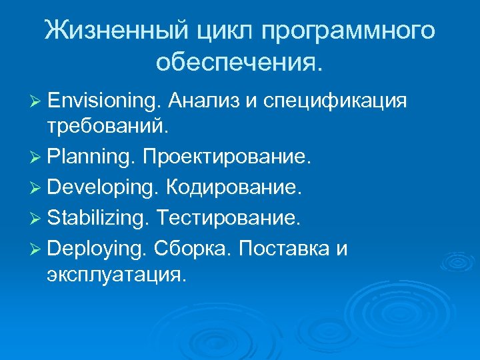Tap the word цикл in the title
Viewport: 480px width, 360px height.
tap(231, 31)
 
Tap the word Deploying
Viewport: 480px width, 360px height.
tap(96, 248)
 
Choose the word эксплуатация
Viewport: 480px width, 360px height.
tap(113, 273)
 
